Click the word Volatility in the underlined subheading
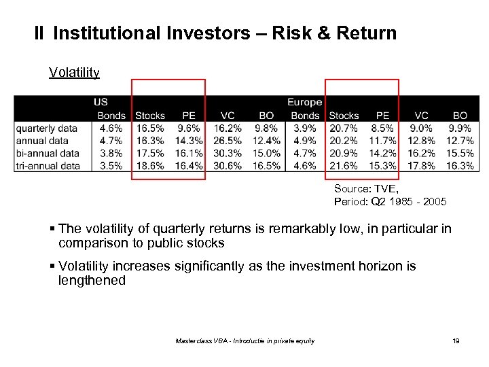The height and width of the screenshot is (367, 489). coord(74,72)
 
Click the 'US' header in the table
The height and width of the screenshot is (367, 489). coord(101,103)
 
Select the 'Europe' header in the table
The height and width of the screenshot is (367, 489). coord(304,103)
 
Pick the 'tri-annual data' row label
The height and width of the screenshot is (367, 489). coord(48,165)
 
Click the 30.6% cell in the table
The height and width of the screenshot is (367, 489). coord(228,165)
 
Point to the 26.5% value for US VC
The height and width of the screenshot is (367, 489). coord(228,141)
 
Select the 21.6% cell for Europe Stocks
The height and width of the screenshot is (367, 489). coord(344,165)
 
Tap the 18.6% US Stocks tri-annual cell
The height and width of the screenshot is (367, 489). coord(150,165)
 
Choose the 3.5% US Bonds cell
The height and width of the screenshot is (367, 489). coord(111,165)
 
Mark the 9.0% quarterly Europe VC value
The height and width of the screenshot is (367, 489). coord(422,128)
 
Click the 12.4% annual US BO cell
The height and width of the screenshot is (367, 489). coord(267,141)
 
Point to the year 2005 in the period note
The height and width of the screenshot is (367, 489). coord(434,202)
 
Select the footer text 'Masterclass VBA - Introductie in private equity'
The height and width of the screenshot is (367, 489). coord(244,340)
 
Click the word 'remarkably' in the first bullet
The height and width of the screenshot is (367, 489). coord(300,228)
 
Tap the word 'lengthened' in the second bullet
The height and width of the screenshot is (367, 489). coord(92,280)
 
